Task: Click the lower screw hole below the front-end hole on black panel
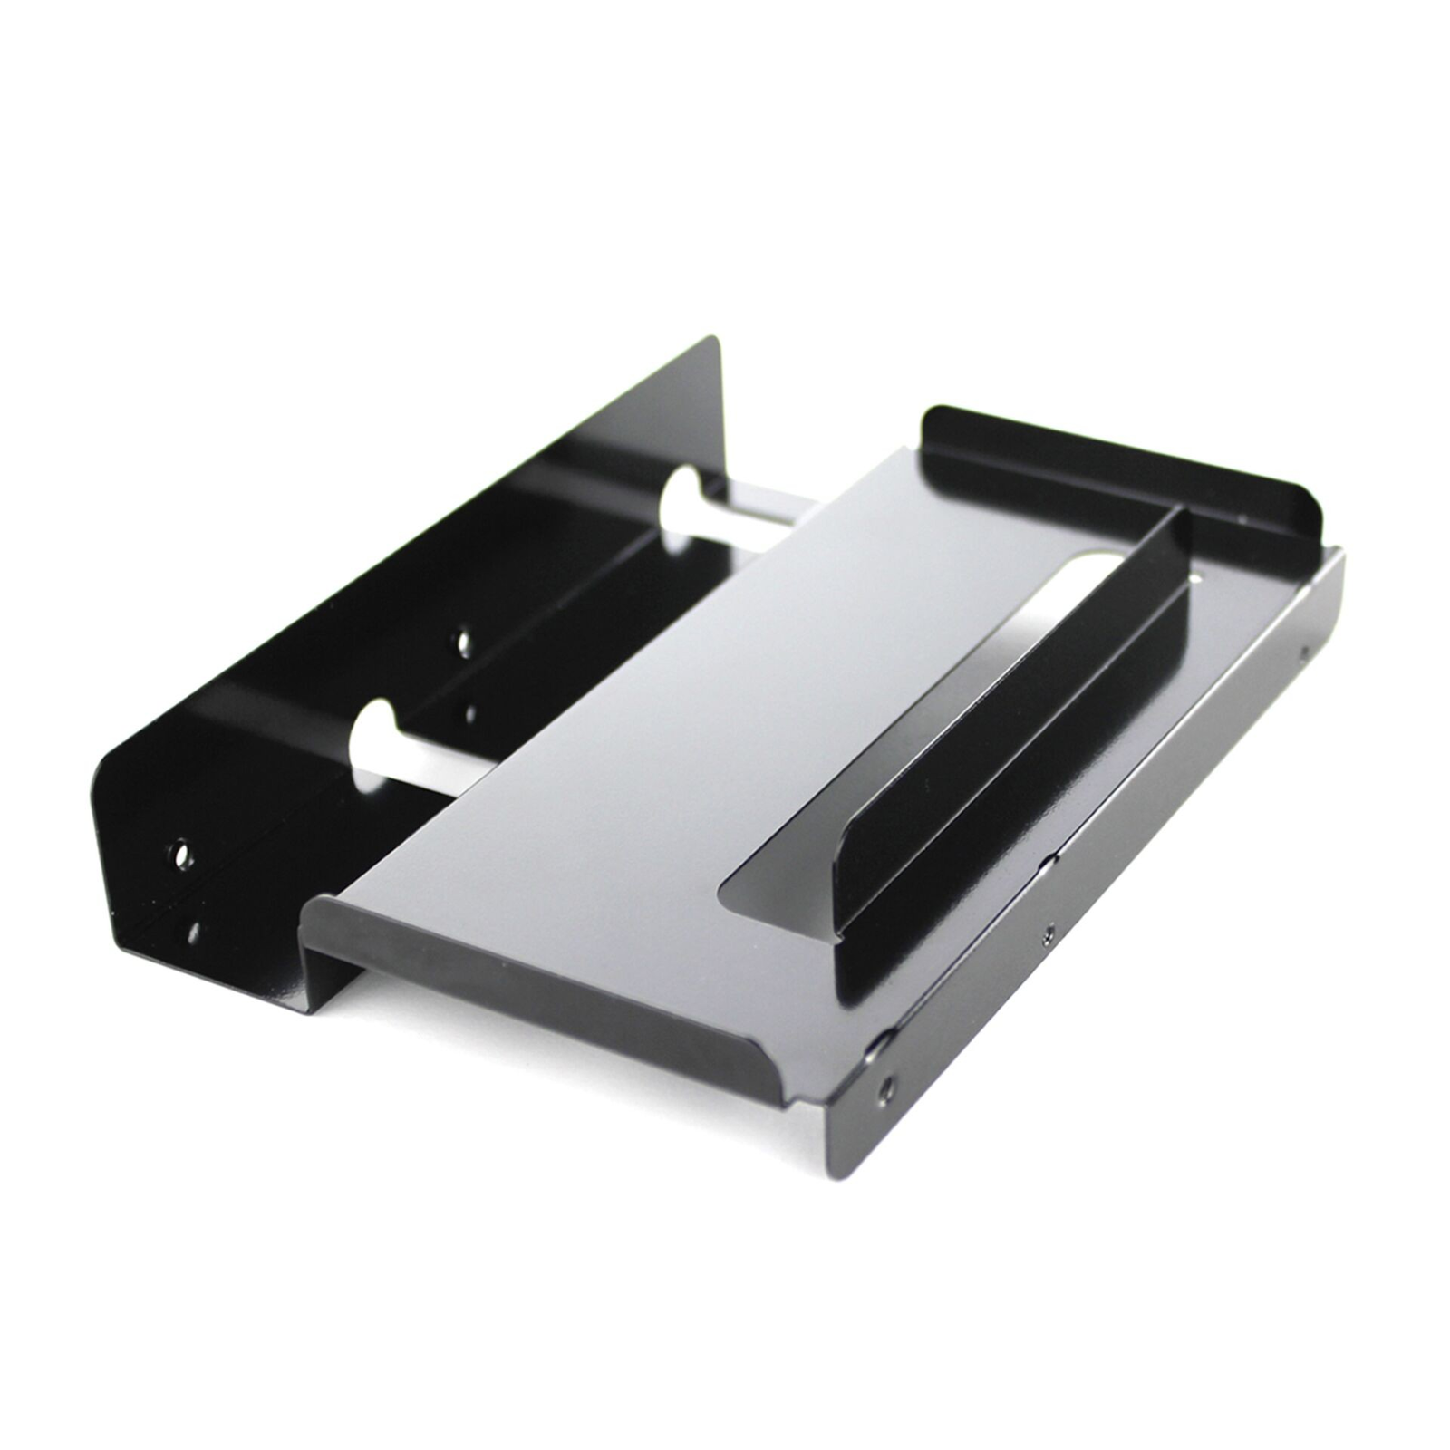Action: point(192,932)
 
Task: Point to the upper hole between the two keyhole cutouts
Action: point(463,643)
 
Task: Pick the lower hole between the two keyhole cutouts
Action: point(469,715)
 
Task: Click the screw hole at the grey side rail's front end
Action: point(885,1087)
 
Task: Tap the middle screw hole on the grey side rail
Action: point(1049,931)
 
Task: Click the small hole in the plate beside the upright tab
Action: point(1198,576)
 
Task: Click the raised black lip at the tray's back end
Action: point(1124,471)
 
